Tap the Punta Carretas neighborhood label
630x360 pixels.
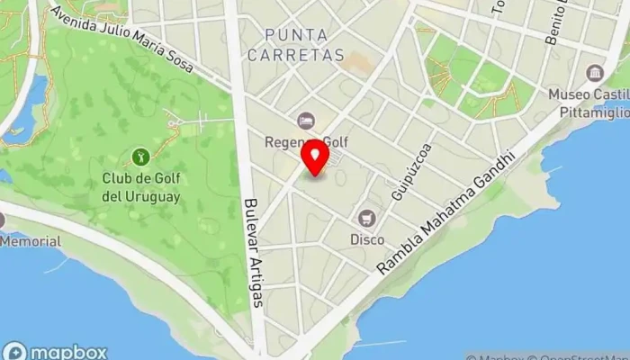pyautogui.click(x=305, y=44)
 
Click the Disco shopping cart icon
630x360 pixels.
pyautogui.click(x=367, y=218)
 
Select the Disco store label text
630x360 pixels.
pyautogui.click(x=367, y=239)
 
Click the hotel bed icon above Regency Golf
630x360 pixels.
pyautogui.click(x=306, y=121)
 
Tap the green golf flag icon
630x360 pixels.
pyautogui.click(x=141, y=157)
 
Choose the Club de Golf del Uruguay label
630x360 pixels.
pyautogui.click(x=141, y=187)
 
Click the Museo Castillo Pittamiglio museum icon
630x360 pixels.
pyautogui.click(x=594, y=73)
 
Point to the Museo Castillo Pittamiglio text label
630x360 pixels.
pyautogui.click(x=589, y=102)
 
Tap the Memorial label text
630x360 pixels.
pyautogui.click(x=31, y=241)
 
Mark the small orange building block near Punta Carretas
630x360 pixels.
pyautogui.click(x=358, y=62)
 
